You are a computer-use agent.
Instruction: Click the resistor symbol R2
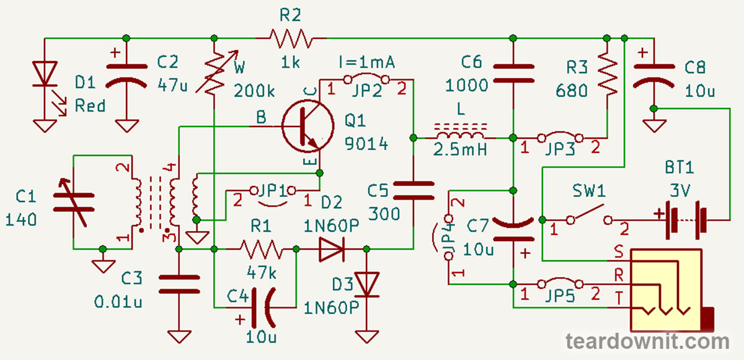(291, 39)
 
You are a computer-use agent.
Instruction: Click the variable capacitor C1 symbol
(73, 201)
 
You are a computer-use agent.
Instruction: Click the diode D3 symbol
(366, 285)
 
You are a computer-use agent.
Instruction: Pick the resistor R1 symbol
(260, 250)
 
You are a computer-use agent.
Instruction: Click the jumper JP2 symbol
(366, 79)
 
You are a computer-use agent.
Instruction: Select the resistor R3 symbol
(607, 74)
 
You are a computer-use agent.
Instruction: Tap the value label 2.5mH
(459, 151)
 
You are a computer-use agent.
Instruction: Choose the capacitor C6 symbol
(513, 71)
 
